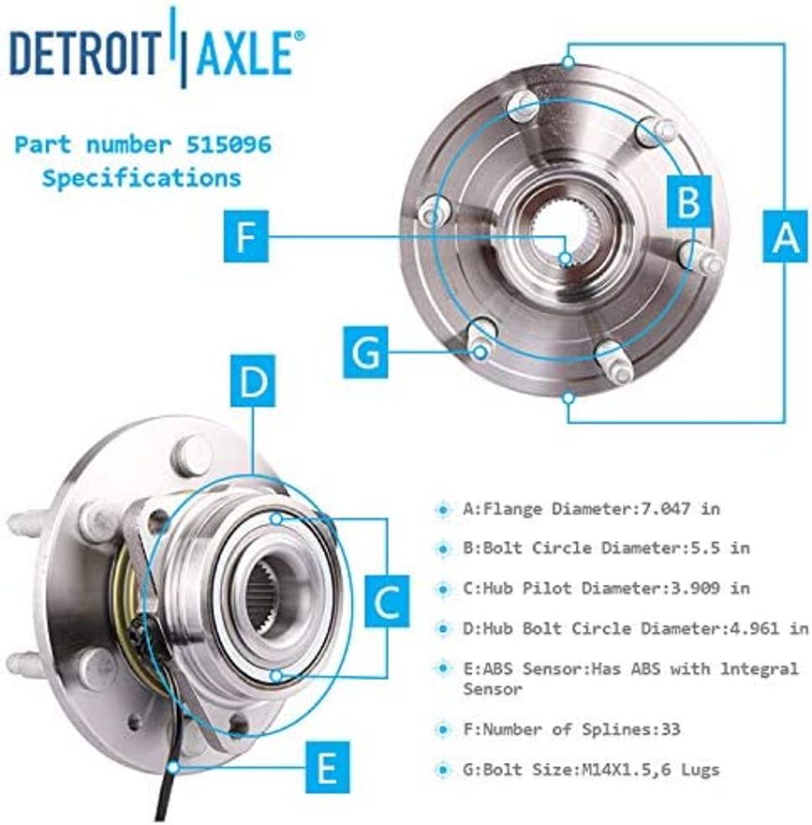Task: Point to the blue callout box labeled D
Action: click(x=252, y=382)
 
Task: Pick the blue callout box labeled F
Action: click(x=245, y=236)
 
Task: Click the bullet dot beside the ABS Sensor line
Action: click(x=443, y=668)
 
